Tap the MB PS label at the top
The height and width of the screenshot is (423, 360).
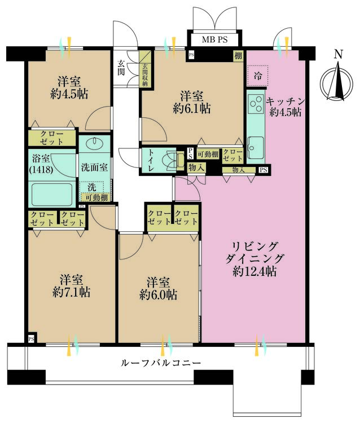point(216,40)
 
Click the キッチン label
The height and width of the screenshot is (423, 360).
point(286,101)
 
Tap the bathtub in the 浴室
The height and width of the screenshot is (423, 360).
point(52,195)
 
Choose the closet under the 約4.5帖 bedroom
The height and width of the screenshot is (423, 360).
point(52,137)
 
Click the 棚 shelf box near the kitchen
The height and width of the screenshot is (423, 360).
point(239,56)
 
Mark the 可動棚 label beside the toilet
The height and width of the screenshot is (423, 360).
point(208,153)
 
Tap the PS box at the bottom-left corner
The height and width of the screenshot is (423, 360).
point(30,339)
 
